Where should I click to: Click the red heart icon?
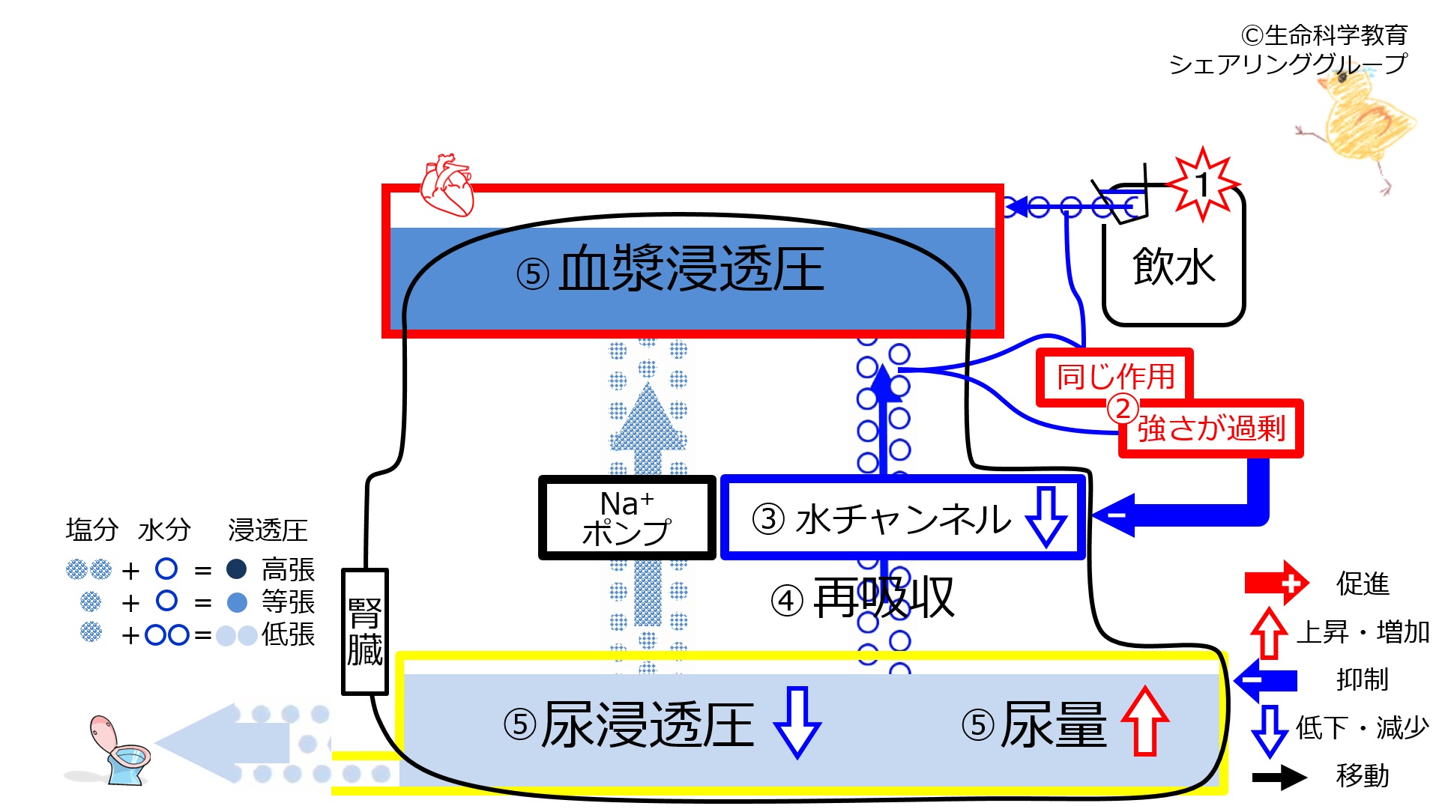point(447,185)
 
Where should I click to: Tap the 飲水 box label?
point(1174,267)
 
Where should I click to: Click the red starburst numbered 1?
point(1203,184)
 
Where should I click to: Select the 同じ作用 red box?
point(1114,377)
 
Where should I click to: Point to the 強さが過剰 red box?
point(1211,428)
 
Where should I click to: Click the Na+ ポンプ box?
point(627,518)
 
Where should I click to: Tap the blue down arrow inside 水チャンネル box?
point(1046,517)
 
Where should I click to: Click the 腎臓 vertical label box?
point(365,631)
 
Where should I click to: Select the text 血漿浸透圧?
point(691,269)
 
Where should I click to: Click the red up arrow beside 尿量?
point(1144,721)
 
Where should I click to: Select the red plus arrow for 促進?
point(1276,583)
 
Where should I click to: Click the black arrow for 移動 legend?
point(1279,777)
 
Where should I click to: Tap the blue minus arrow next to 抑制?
point(1266,679)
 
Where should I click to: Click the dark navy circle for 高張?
point(237,569)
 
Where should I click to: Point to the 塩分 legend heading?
point(92,530)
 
